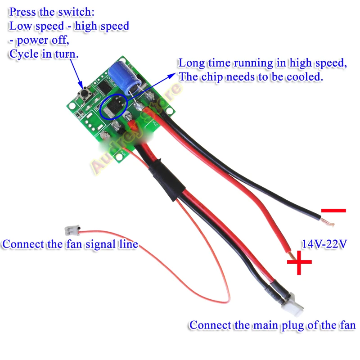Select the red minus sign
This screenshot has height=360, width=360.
(x=333, y=210)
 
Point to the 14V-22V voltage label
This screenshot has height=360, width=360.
(x=324, y=245)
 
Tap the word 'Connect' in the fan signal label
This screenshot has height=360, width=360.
(x=23, y=244)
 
